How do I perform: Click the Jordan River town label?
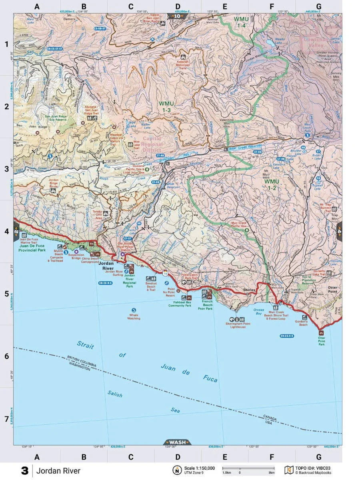[x=106, y=266]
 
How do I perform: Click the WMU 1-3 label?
[x=166, y=107]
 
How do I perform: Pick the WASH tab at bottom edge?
[x=178, y=442]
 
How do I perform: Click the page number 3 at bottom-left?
[x=25, y=471]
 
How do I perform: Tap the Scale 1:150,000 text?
[x=199, y=468]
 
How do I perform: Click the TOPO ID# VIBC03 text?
[x=313, y=468]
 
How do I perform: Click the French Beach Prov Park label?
[x=208, y=307]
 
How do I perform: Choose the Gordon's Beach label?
[x=302, y=323]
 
